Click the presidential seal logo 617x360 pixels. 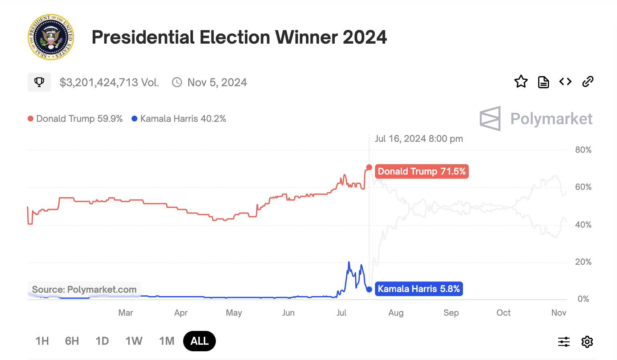51,37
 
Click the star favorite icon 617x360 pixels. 521,81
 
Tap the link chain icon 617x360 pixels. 588,81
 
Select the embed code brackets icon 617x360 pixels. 565,81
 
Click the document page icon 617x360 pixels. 543,82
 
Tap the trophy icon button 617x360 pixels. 39,82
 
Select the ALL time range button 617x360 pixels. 199,341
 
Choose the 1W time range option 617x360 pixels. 134,341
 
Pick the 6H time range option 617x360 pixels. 72,341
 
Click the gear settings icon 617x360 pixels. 587,342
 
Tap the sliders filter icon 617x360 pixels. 564,342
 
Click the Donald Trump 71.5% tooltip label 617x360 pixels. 422,171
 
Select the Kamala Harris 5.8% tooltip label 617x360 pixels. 419,289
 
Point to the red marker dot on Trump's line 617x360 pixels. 369,167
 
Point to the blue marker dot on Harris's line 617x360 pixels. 369,289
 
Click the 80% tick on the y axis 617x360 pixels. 583,150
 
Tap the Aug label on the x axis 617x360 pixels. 396,313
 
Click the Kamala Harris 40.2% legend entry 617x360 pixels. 179,119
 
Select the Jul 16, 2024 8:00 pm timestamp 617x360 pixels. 419,139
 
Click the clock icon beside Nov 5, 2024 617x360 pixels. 177,82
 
